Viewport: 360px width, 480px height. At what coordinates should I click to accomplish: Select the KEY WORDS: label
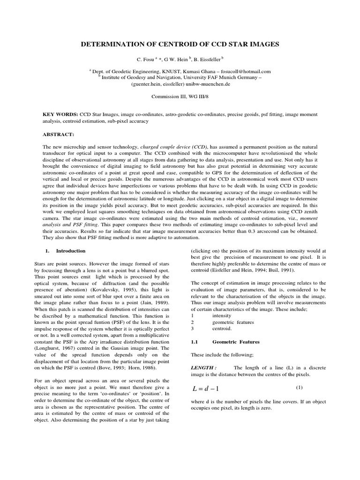60,114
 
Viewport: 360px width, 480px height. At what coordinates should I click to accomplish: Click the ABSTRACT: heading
59,134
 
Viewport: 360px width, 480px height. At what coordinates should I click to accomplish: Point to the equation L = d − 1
206,389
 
